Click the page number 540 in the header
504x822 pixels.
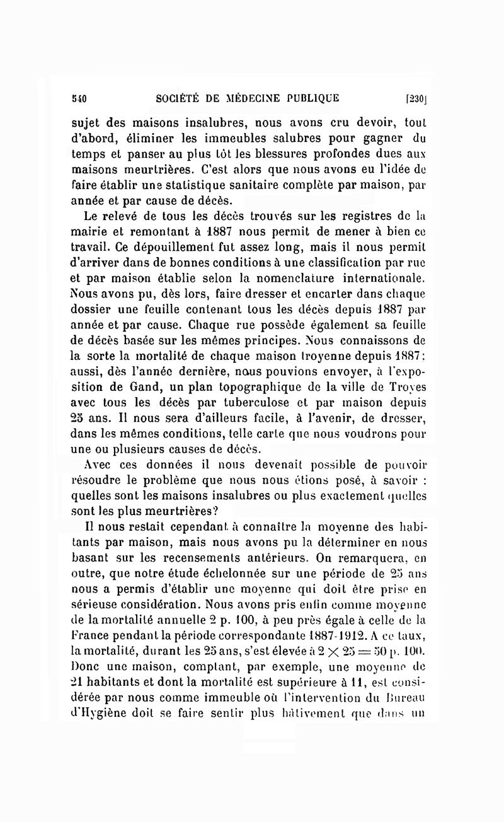pos(79,98)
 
